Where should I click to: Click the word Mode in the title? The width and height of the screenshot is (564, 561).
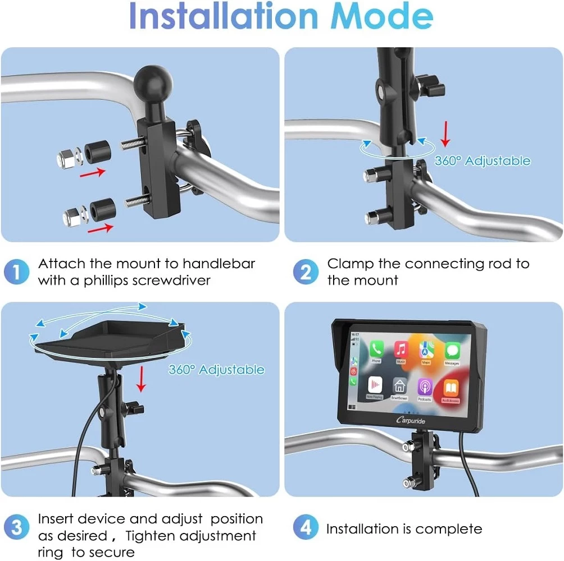click(x=382, y=17)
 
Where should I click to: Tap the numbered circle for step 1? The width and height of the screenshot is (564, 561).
click(x=17, y=272)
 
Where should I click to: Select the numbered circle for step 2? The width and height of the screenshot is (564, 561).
click(x=306, y=272)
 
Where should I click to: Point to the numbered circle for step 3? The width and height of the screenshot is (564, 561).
click(x=17, y=528)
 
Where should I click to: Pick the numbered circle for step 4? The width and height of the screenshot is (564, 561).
click(x=306, y=528)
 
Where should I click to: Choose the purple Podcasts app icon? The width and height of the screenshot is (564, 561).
click(x=425, y=387)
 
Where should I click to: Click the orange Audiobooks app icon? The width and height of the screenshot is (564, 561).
click(x=451, y=387)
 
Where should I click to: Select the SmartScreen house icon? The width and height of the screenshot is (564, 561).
click(x=399, y=386)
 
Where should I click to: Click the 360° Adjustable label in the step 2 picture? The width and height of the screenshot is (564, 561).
click(x=482, y=161)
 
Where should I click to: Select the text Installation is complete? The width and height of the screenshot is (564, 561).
click(x=404, y=528)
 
